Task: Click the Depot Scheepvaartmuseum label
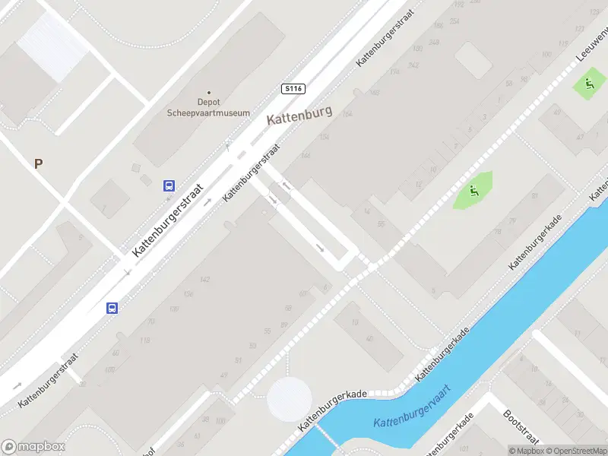[x=208, y=107]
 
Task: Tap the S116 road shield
[x=293, y=89]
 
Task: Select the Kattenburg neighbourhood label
[x=299, y=119]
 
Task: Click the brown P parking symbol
[x=39, y=163]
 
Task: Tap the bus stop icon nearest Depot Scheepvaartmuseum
[x=169, y=185]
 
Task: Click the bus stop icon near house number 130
[x=112, y=308]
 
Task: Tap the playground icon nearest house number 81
[x=474, y=190]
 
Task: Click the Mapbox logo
[x=33, y=447]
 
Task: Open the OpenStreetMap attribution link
[x=576, y=451]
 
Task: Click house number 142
[x=204, y=280]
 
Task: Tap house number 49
[x=224, y=375]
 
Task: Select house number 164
[x=347, y=114]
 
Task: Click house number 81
[x=534, y=197]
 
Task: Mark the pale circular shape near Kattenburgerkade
[x=289, y=399]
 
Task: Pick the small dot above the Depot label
[x=209, y=93]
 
